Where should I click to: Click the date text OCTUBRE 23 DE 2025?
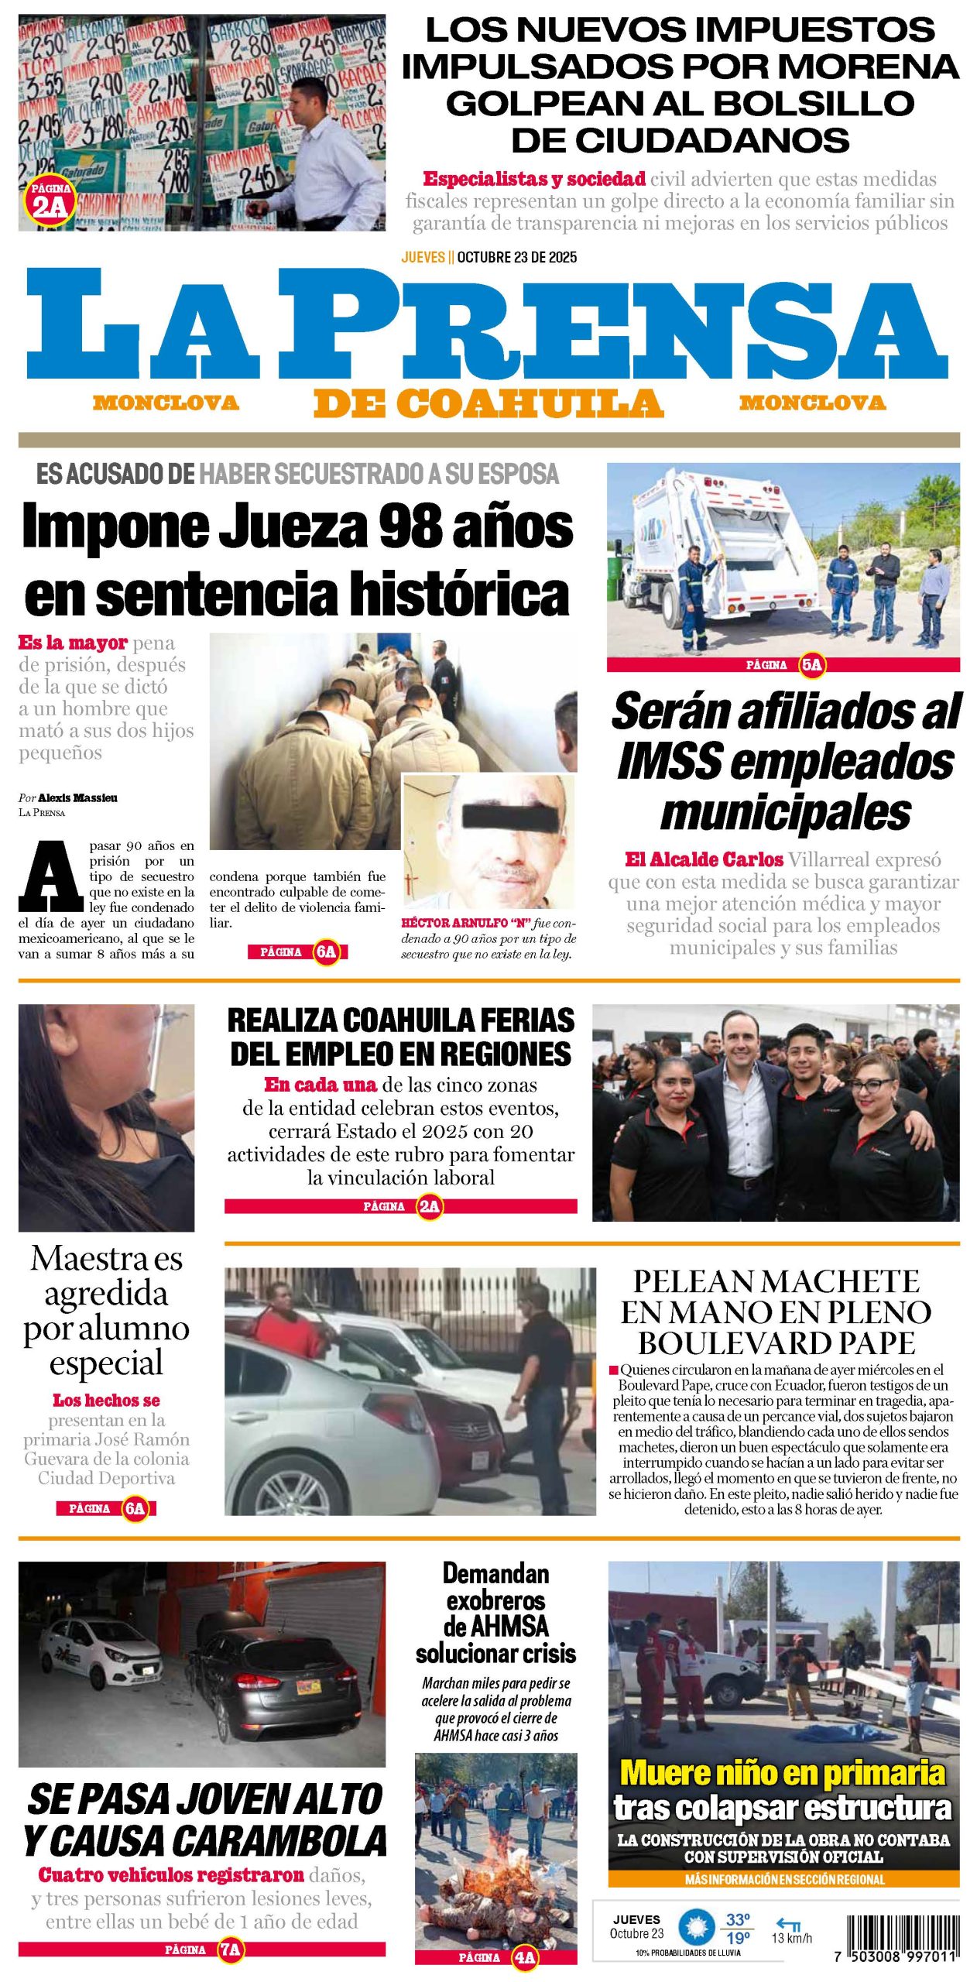coord(516,257)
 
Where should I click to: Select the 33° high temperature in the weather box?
coord(737,1919)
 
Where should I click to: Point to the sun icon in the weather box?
coord(696,1928)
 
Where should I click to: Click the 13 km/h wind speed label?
coord(791,1938)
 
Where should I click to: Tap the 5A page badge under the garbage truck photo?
coord(811,664)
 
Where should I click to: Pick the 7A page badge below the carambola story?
coord(230,1949)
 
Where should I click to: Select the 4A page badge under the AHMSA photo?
coord(525,1957)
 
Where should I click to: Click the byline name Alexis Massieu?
coord(77,797)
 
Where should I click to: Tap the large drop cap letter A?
coord(51,876)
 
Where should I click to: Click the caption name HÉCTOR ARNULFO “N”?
coord(465,923)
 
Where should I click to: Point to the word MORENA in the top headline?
coord(868,67)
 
